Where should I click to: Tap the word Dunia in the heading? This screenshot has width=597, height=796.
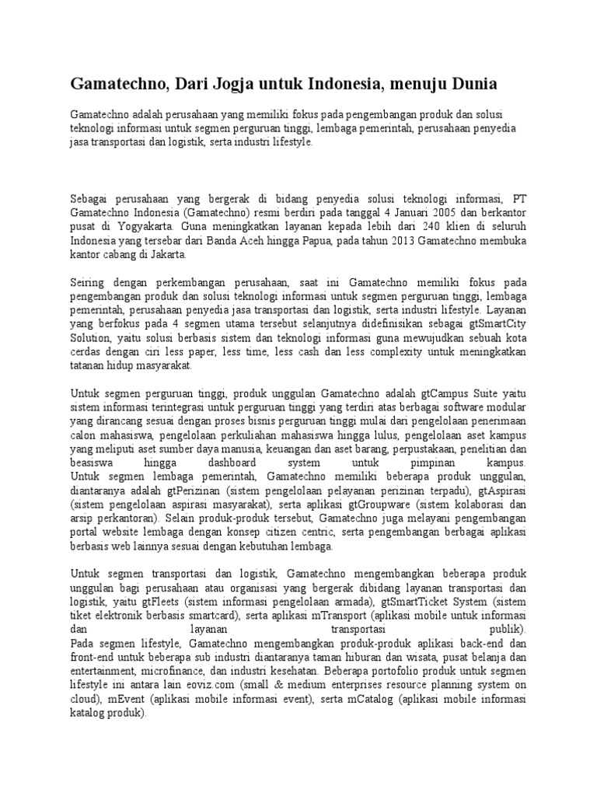(x=463, y=82)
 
